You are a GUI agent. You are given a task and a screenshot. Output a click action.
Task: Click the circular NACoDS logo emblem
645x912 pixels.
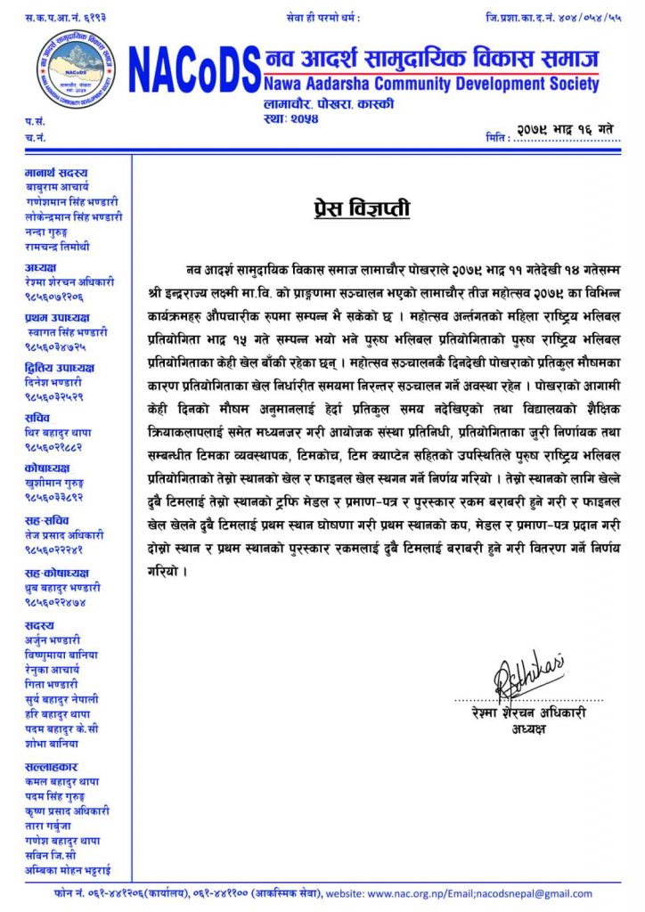pos(77,68)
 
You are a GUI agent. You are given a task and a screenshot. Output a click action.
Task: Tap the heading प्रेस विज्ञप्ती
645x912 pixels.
pos(361,209)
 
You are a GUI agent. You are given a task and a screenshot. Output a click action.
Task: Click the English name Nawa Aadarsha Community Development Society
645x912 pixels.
pos(432,85)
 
